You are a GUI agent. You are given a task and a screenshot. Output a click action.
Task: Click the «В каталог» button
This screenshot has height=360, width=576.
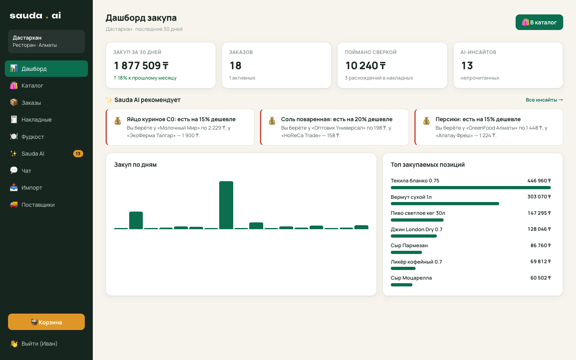click(539, 22)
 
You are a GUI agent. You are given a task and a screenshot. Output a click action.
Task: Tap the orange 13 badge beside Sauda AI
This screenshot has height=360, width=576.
click(78, 154)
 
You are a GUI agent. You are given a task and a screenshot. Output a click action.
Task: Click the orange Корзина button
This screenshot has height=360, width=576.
click(46, 322)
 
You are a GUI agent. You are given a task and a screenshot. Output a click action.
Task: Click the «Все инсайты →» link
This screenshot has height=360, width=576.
click(544, 100)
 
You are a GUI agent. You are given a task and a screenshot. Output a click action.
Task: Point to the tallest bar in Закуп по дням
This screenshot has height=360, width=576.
click(226, 205)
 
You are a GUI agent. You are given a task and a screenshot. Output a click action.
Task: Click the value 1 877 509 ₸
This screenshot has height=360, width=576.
click(141, 66)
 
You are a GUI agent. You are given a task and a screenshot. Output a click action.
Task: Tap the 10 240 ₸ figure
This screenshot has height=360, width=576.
click(366, 66)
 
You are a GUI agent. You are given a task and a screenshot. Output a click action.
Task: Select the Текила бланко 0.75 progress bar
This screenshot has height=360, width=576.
click(470, 188)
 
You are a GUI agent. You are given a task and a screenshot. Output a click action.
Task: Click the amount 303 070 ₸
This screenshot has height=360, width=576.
click(539, 197)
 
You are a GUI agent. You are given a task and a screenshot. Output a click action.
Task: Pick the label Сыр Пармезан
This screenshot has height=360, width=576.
click(409, 245)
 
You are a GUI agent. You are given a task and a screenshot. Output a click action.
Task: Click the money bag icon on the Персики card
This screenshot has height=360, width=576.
click(426, 121)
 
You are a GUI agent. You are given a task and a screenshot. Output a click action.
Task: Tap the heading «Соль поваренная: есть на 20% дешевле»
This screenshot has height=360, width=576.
click(337, 119)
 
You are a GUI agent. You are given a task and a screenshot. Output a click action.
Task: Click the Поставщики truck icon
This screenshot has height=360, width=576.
click(14, 205)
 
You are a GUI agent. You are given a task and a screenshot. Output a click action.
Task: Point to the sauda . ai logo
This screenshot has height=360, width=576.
click(35, 16)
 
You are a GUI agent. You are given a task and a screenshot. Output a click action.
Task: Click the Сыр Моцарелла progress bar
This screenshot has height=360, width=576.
click(402, 285)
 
